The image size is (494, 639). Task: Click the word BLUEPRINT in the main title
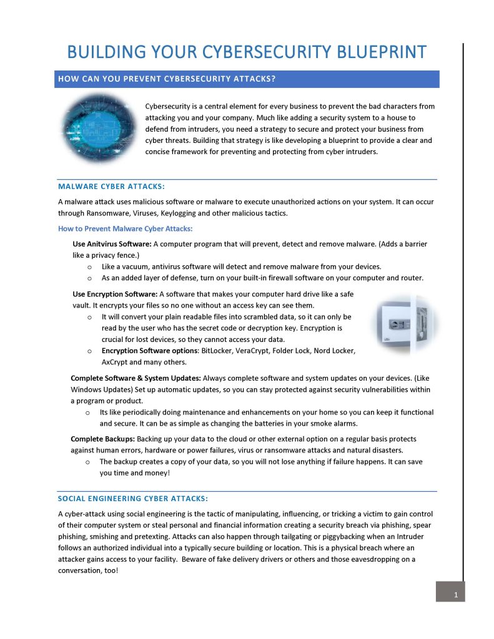tap(368, 52)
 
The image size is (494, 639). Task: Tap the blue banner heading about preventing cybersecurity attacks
tap(167, 79)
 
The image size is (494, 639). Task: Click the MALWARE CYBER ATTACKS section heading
tap(111, 186)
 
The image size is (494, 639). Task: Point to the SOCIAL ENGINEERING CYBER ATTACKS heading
tap(132, 498)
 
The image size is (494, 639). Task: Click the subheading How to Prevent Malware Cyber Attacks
tap(125, 228)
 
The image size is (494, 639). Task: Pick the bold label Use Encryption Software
tap(115, 293)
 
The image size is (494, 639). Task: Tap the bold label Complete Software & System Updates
tap(136, 378)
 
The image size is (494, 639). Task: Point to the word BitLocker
tap(217, 351)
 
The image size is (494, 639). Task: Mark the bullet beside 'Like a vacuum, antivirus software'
tap(90, 266)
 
